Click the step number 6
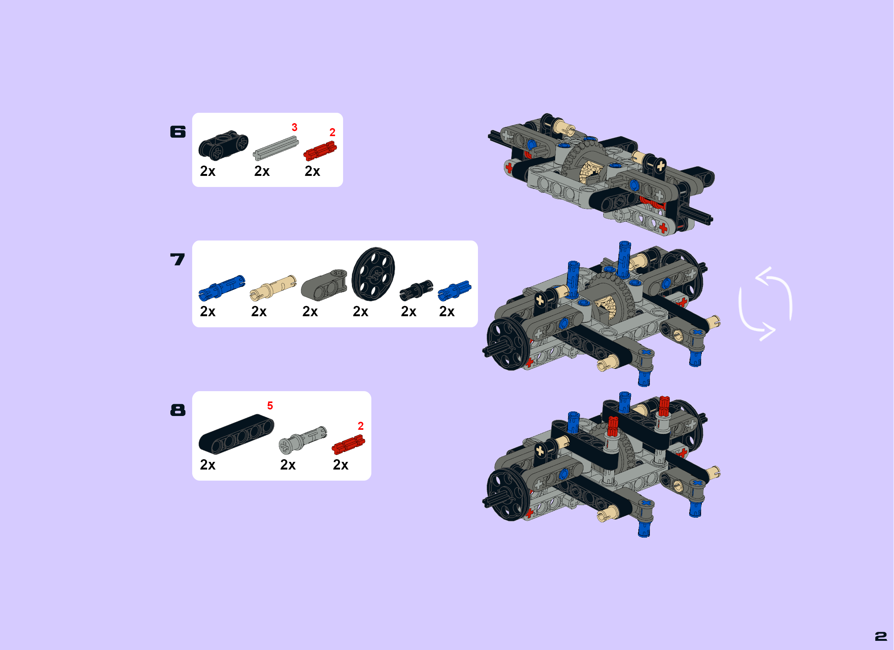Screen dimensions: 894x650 [x=178, y=132]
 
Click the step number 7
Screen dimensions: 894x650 [x=177, y=259]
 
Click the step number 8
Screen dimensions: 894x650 [x=178, y=410]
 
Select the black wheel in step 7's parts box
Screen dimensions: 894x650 [x=373, y=274]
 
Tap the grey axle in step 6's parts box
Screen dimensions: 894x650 [x=275, y=148]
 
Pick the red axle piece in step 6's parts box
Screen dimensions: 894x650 [x=320, y=151]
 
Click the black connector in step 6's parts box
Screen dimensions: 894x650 [x=223, y=145]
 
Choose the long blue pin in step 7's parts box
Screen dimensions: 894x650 [x=222, y=288]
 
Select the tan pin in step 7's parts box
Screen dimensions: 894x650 [x=273, y=288]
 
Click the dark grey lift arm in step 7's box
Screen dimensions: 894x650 [x=324, y=286]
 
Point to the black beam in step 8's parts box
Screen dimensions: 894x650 [x=236, y=434]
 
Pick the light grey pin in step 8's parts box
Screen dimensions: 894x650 [x=303, y=440]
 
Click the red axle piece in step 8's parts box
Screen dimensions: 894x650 [x=348, y=445]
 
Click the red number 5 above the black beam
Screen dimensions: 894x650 [x=270, y=405]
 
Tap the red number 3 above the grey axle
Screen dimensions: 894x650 [x=295, y=127]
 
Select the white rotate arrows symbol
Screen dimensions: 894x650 [x=765, y=304]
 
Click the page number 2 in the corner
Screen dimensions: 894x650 [x=881, y=636]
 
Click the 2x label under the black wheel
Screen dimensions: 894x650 [x=360, y=312]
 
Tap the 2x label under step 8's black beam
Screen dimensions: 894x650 [x=208, y=465]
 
